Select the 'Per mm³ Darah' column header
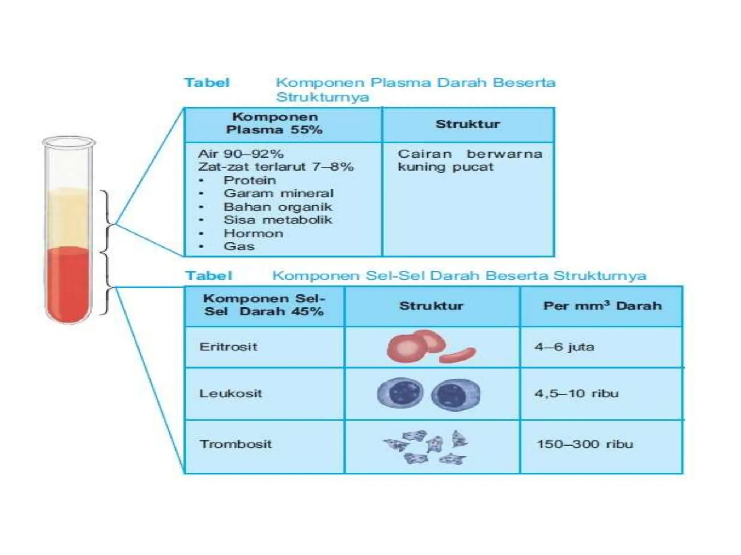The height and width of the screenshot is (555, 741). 602,305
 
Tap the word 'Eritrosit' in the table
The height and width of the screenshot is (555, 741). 228,347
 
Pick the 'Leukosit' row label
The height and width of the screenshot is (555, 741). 230,393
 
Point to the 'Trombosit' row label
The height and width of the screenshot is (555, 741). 236,444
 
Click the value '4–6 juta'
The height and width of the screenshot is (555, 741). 564,347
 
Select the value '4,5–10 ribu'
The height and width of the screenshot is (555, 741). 577,393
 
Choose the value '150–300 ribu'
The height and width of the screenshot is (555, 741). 585,444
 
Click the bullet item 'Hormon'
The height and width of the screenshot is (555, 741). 253,233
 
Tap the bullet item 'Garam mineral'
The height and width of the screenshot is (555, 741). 279,193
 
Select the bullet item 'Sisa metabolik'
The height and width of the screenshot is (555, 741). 278,220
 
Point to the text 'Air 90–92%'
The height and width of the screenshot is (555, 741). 241,154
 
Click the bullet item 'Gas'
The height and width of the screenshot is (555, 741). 239,246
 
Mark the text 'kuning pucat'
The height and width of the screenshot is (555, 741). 445,167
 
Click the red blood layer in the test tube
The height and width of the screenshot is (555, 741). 68,284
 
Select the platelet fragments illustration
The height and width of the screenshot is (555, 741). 426,447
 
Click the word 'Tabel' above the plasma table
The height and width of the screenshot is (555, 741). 207,83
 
